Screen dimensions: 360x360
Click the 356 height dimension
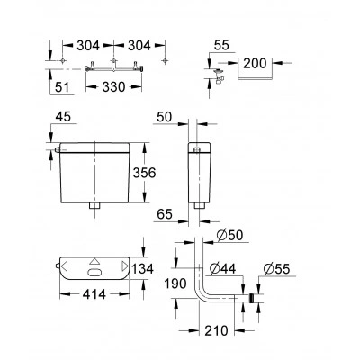pyautogui.click(x=145, y=173)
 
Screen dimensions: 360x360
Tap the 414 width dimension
pyautogui.click(x=94, y=294)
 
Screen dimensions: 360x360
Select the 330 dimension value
pyautogui.click(x=113, y=87)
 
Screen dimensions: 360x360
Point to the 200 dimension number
pyautogui.click(x=255, y=63)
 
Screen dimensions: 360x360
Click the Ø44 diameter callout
pyautogui.click(x=222, y=268)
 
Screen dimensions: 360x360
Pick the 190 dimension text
pyautogui.click(x=175, y=283)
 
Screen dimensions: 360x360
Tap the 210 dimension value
pyautogui.click(x=216, y=330)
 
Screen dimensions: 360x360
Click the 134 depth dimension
pyautogui.click(x=142, y=269)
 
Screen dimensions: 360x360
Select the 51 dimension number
pyautogui.click(x=62, y=87)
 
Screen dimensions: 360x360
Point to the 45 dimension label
pyautogui.click(x=63, y=116)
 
